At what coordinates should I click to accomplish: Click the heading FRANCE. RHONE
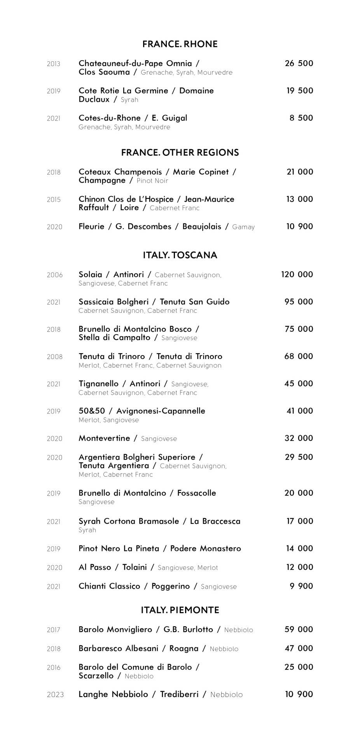coord(180,44)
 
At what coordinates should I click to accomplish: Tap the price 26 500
coord(299,63)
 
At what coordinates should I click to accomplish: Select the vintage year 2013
coord(54,64)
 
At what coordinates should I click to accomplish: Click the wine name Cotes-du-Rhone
coord(110,118)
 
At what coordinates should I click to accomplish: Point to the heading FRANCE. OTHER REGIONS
coord(180,152)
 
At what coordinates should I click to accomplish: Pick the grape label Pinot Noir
coord(152,181)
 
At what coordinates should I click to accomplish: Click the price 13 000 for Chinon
coord(299,199)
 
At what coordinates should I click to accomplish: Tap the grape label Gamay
coord(243,227)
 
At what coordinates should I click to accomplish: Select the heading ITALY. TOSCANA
coord(180,255)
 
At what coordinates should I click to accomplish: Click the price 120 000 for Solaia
coord(297,274)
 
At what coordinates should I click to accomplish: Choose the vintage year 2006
coord(54,275)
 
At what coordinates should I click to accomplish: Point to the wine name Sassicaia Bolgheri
coord(115,302)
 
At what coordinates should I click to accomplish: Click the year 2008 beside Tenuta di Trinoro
coord(54,357)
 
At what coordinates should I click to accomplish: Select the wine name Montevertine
coord(104,438)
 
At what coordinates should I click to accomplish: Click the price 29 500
coord(299,457)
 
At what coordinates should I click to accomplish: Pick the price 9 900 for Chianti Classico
coord(301,586)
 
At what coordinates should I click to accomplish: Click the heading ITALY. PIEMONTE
coord(180,610)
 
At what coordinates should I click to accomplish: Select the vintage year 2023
coord(55,695)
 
